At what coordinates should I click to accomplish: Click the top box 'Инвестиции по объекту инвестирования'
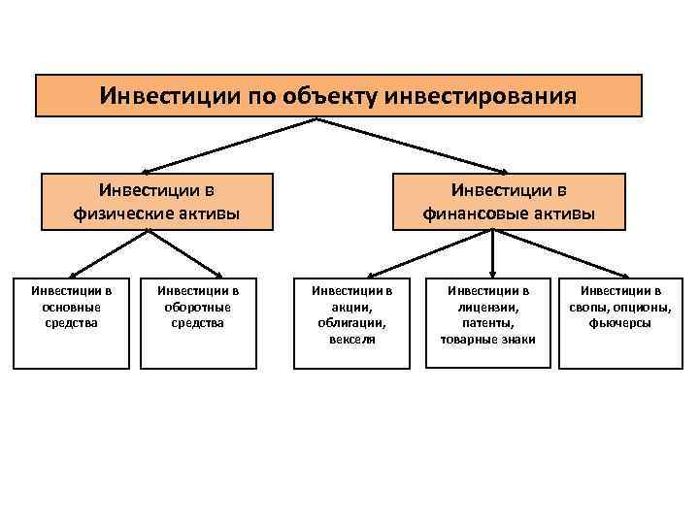pos(339,96)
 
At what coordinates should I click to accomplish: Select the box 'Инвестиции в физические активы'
pos(156,199)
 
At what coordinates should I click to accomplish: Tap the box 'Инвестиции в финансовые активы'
pos(508,199)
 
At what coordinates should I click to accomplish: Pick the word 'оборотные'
pos(197,307)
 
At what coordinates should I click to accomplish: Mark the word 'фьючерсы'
pos(619,323)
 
